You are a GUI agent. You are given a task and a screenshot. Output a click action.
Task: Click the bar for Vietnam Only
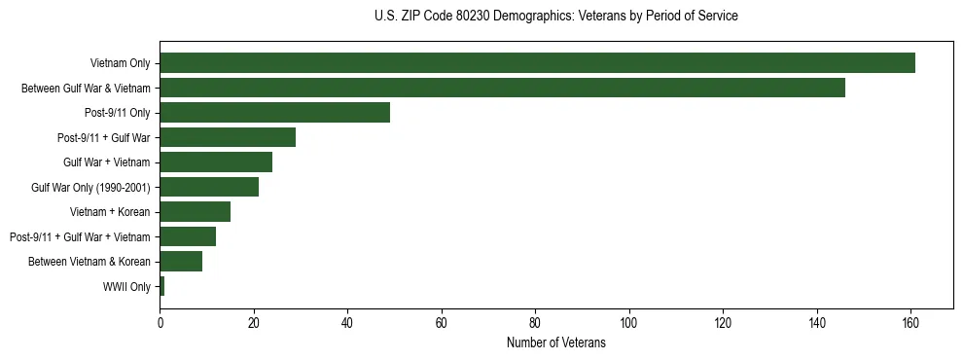pos(537,63)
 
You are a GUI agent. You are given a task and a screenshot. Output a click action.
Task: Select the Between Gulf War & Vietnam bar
pos(502,88)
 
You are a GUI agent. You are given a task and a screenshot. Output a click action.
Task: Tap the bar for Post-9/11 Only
pos(274,113)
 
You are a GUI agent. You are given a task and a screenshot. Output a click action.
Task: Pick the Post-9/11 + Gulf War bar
pos(228,137)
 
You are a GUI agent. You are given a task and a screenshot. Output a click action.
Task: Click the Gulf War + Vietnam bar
pos(216,162)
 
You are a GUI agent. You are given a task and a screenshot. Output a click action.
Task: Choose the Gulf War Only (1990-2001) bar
pos(209,187)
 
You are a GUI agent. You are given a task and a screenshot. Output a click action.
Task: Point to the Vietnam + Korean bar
pos(195,212)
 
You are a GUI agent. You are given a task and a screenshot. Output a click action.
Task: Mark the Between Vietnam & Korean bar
pos(181,261)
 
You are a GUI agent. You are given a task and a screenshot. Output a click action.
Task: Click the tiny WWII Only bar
pos(162,286)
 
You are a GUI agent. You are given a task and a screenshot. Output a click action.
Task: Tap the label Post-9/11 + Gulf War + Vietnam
pos(80,237)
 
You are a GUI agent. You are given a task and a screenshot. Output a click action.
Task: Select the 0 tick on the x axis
pos(160,324)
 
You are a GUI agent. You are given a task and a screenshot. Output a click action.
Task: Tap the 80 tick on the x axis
pos(535,324)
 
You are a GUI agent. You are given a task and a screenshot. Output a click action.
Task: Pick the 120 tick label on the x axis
pos(723,324)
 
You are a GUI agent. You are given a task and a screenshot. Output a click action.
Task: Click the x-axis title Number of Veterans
pos(555,343)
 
